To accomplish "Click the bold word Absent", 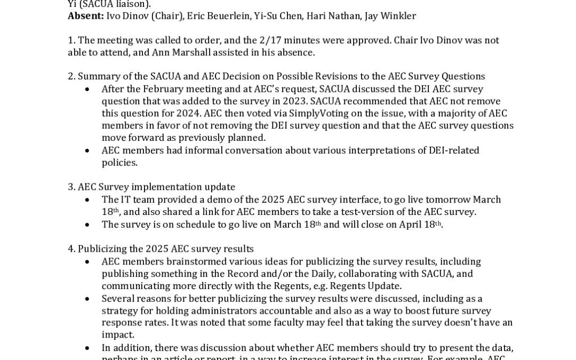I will point(85,16).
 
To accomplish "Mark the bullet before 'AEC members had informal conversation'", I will point(87,151).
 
